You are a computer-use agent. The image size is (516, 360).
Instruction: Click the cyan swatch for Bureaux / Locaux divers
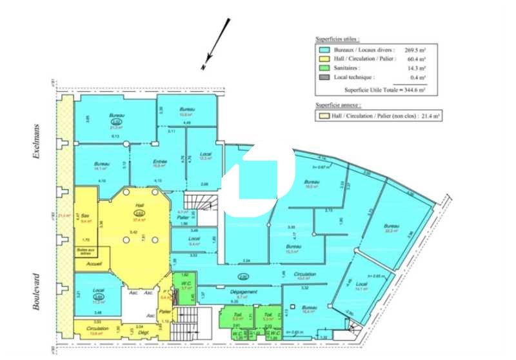(324, 49)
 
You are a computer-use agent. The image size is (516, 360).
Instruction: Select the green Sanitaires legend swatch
(324, 67)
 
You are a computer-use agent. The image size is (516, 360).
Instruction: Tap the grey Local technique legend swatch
(324, 77)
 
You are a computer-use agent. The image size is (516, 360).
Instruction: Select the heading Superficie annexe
(338, 105)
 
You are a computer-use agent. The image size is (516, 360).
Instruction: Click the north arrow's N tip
(203, 66)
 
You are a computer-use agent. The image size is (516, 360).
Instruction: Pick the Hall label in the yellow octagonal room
(138, 206)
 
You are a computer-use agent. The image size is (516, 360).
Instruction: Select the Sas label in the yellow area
(84, 215)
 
